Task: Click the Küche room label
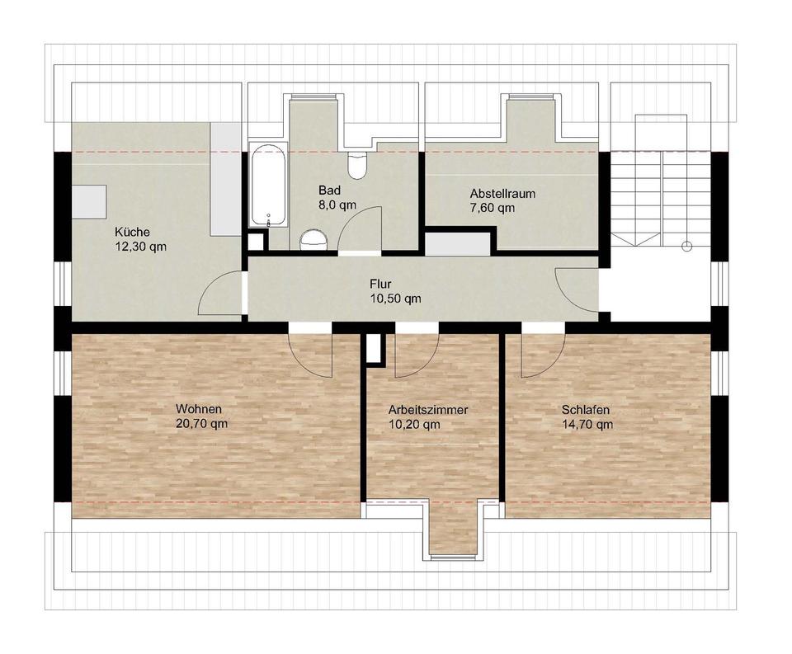click(132, 233)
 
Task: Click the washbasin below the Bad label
click(313, 239)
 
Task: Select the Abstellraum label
click(503, 194)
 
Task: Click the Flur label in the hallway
click(380, 285)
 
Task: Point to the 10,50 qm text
click(395, 299)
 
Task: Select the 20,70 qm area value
click(200, 424)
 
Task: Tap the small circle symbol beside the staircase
click(686, 246)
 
